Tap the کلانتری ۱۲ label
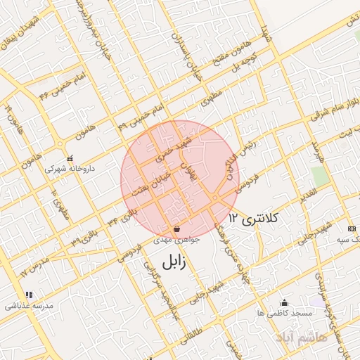254,220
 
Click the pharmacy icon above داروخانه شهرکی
69,157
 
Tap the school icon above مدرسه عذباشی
28,295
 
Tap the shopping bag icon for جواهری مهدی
176,229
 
